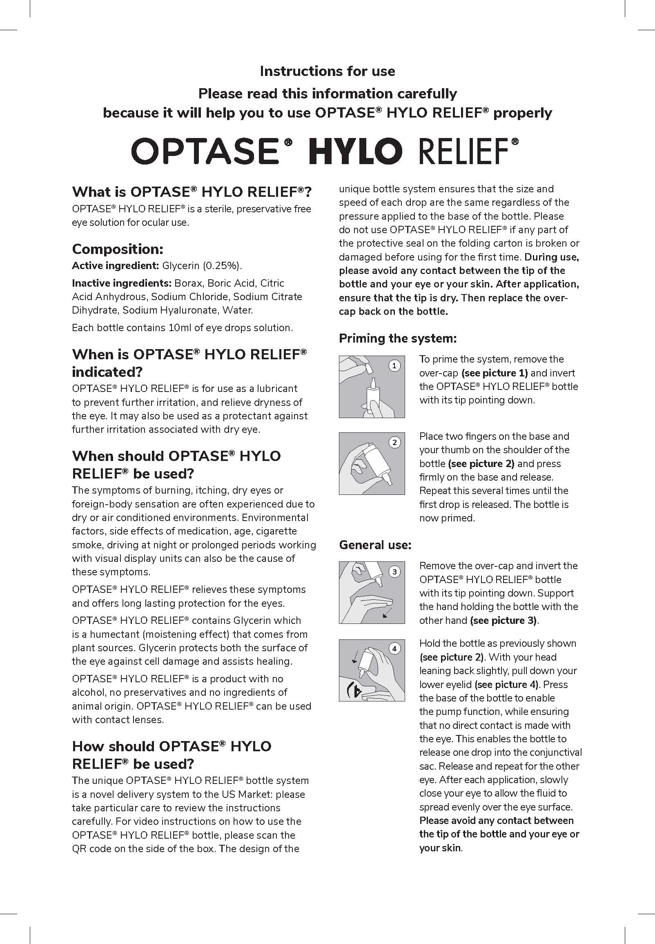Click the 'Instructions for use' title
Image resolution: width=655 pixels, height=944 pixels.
(327, 71)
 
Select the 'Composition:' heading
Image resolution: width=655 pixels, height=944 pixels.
(118, 249)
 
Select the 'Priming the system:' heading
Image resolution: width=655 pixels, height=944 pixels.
(397, 338)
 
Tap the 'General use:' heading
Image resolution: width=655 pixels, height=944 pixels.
(375, 545)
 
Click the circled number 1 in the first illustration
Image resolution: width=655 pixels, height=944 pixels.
(394, 365)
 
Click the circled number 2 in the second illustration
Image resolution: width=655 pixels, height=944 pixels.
(394, 442)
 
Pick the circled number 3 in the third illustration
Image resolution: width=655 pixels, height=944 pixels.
(394, 572)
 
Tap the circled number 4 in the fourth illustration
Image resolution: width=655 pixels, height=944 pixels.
(394, 649)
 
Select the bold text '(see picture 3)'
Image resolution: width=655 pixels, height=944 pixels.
(503, 620)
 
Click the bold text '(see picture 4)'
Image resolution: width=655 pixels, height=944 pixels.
(506, 684)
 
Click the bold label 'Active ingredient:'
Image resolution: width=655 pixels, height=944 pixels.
(115, 266)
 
